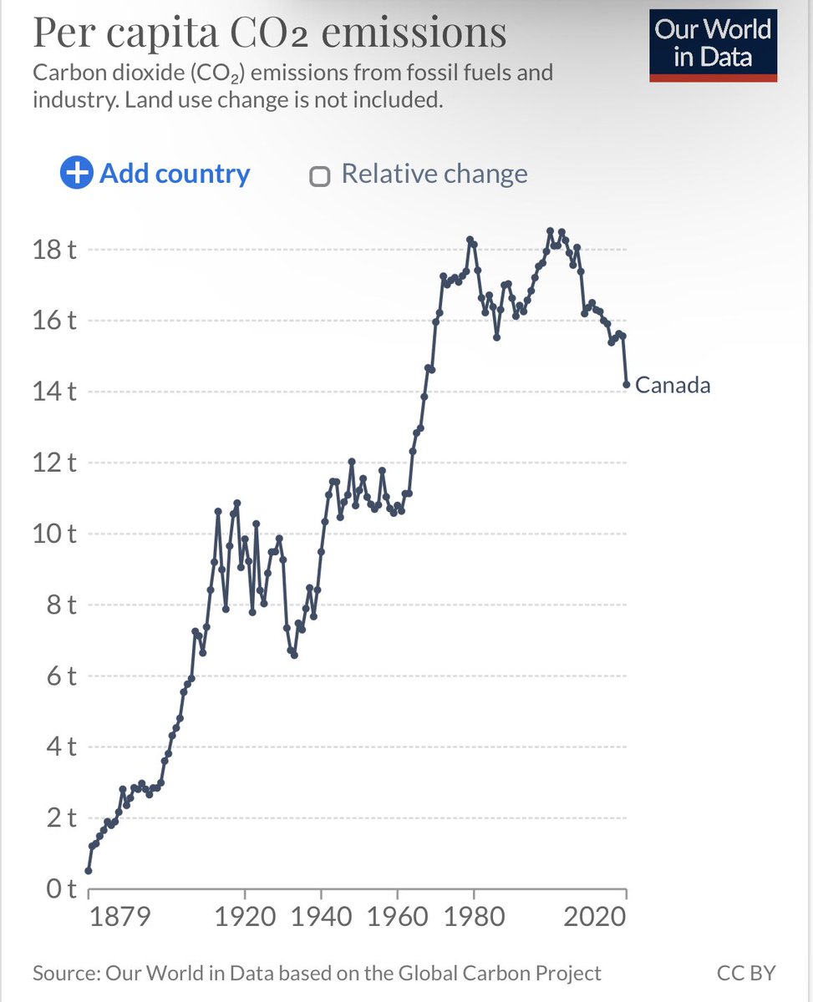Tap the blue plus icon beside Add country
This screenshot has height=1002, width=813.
point(76,174)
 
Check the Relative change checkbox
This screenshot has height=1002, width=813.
point(318,175)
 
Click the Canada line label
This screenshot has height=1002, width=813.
point(673,385)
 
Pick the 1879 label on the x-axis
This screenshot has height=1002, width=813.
point(121,917)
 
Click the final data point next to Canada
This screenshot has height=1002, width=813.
point(626,385)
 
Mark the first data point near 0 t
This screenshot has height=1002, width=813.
point(89,871)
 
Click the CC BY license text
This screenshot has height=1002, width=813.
point(745,973)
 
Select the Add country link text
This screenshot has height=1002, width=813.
point(175,174)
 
